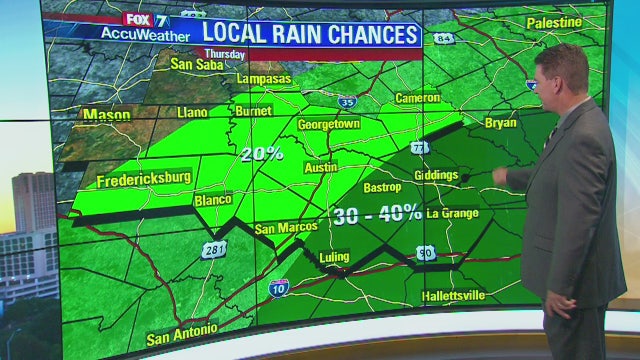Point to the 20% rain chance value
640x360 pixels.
point(262,154)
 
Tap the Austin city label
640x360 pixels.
point(319,168)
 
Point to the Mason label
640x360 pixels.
point(106,115)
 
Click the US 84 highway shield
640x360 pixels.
point(444,38)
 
